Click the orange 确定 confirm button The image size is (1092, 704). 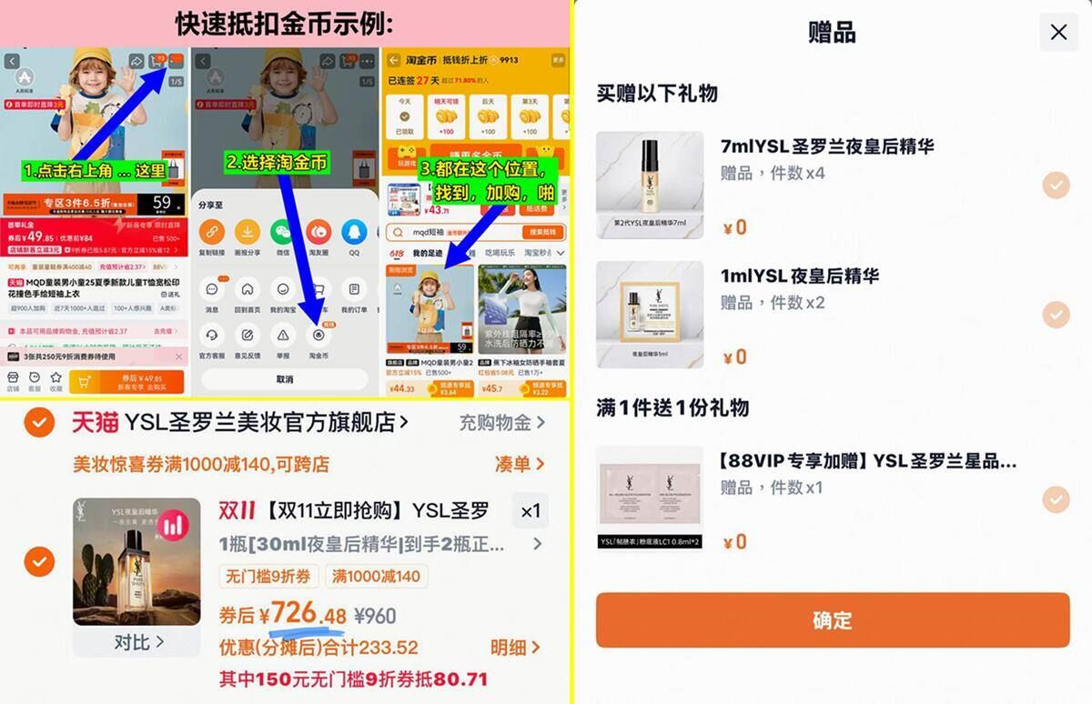pyautogui.click(x=832, y=620)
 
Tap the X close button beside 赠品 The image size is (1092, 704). pyautogui.click(x=1058, y=33)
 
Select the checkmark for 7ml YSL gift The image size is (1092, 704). pyautogui.click(x=1056, y=186)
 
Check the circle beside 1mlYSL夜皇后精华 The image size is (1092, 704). pyautogui.click(x=1056, y=315)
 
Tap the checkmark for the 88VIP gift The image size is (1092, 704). pyautogui.click(x=1056, y=499)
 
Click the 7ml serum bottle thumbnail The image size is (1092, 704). pyautogui.click(x=650, y=186)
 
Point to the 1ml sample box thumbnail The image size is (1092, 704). pyautogui.click(x=650, y=315)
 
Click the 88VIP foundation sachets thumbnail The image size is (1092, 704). pyautogui.click(x=650, y=498)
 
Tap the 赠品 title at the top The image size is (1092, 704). pyautogui.click(x=832, y=33)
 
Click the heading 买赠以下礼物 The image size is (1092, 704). pyautogui.click(x=657, y=94)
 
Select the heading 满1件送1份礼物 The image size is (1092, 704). pyautogui.click(x=672, y=407)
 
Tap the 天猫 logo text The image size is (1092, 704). pyautogui.click(x=95, y=422)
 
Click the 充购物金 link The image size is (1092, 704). pyautogui.click(x=501, y=422)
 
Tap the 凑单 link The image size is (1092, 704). pyautogui.click(x=520, y=464)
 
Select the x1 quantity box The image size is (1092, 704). pyautogui.click(x=531, y=511)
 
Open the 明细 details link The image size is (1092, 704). pyautogui.click(x=515, y=648)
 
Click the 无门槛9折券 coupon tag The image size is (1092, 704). pyautogui.click(x=268, y=576)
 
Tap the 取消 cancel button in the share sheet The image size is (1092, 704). pyautogui.click(x=285, y=378)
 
